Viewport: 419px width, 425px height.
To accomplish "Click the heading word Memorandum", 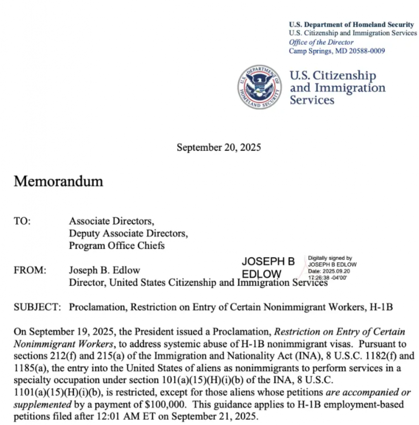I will (x=58, y=181).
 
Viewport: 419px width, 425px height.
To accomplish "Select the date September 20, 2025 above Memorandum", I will (x=219, y=147).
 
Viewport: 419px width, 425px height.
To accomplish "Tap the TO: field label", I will (x=22, y=221).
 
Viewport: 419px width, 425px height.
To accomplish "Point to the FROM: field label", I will (x=30, y=270).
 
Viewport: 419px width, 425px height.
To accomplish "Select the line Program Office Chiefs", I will (x=117, y=245).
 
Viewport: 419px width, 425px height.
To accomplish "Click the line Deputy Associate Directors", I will (x=128, y=233).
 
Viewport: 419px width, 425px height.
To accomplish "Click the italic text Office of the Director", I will (x=321, y=42).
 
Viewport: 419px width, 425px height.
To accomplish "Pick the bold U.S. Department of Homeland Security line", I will (x=351, y=24).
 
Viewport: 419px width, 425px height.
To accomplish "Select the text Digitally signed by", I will (x=330, y=258).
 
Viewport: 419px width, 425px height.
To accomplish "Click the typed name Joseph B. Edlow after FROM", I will (x=104, y=270).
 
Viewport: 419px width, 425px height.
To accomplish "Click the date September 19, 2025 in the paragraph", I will (x=63, y=332).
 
